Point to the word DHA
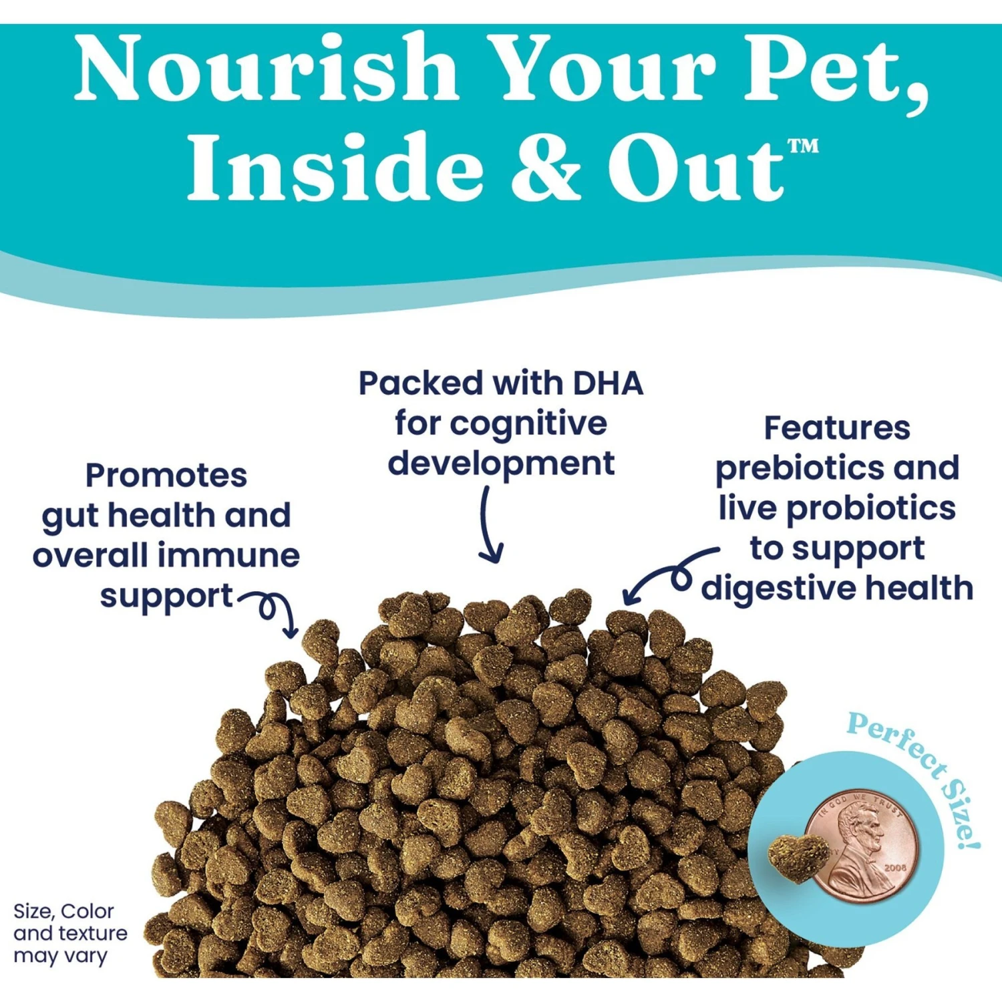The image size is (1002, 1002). click(x=608, y=383)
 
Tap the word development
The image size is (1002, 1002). click(x=501, y=464)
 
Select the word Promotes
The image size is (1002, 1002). click(x=166, y=476)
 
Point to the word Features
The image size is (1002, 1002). click(x=837, y=428)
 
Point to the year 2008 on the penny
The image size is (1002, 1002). click(x=896, y=868)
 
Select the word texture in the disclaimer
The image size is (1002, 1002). click(x=94, y=934)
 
